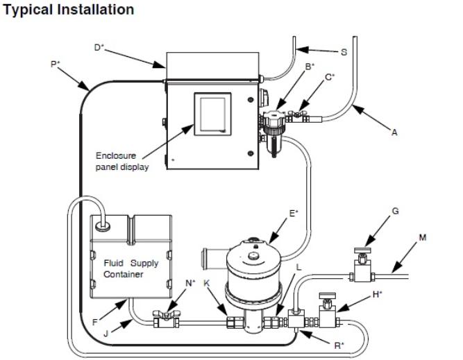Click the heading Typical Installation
point(60,9)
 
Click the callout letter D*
point(99,48)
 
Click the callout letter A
point(394,133)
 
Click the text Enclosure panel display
point(122,161)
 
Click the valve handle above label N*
point(169,316)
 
